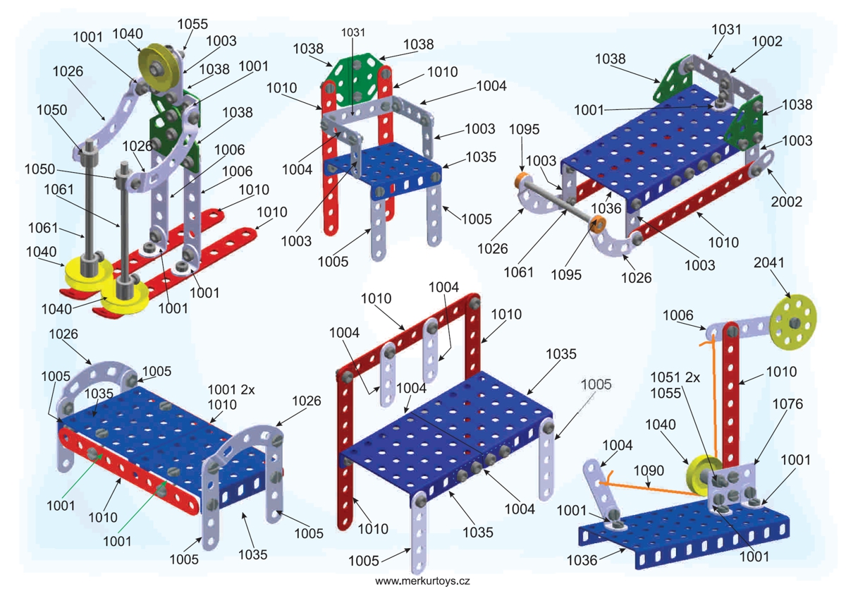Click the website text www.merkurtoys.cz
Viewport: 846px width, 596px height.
coord(422,581)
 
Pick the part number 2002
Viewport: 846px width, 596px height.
coord(787,202)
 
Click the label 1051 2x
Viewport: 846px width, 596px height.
coord(675,377)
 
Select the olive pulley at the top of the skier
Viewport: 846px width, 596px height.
coord(153,60)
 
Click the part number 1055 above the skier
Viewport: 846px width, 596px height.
coord(192,24)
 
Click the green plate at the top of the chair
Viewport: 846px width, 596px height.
coord(356,83)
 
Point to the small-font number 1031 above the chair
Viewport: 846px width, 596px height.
coord(354,32)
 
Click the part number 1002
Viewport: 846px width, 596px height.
coord(767,42)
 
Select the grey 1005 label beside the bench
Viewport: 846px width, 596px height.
coord(596,384)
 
